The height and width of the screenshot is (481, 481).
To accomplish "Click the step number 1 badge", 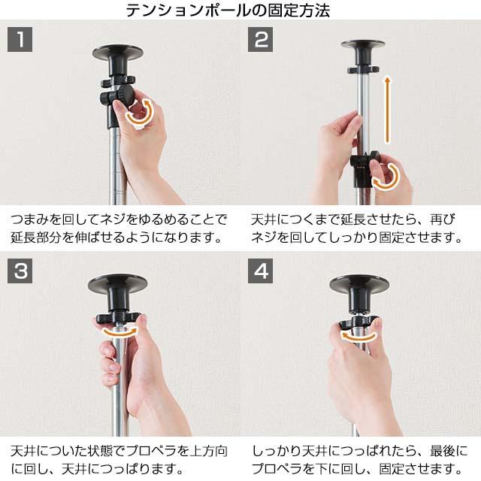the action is [x=20, y=39].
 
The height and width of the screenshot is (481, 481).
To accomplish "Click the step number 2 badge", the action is [x=261, y=39].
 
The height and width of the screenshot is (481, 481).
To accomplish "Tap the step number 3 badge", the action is [x=20, y=271].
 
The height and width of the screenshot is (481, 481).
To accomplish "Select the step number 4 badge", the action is [x=261, y=271].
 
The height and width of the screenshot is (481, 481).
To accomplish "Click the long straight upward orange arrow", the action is [x=388, y=110].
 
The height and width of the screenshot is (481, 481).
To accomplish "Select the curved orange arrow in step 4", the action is [x=358, y=338].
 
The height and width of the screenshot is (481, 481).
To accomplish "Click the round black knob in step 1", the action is [x=125, y=95].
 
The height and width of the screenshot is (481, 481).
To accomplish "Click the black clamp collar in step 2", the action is [x=362, y=169].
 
